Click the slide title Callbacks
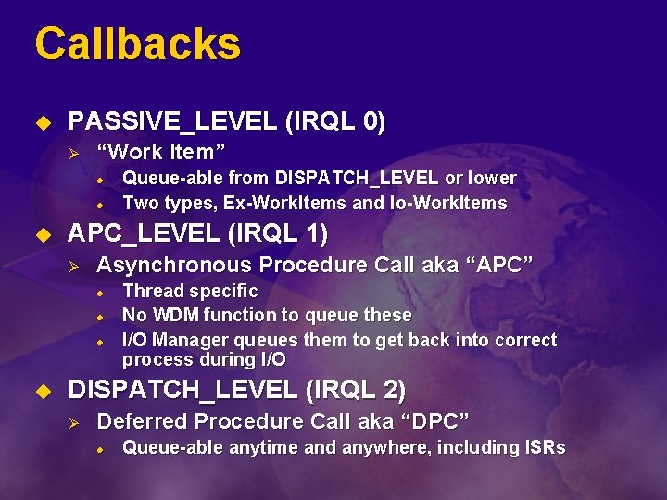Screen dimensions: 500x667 (137, 44)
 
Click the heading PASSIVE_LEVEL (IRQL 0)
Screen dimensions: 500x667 (227, 121)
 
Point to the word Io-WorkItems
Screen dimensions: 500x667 (450, 203)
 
